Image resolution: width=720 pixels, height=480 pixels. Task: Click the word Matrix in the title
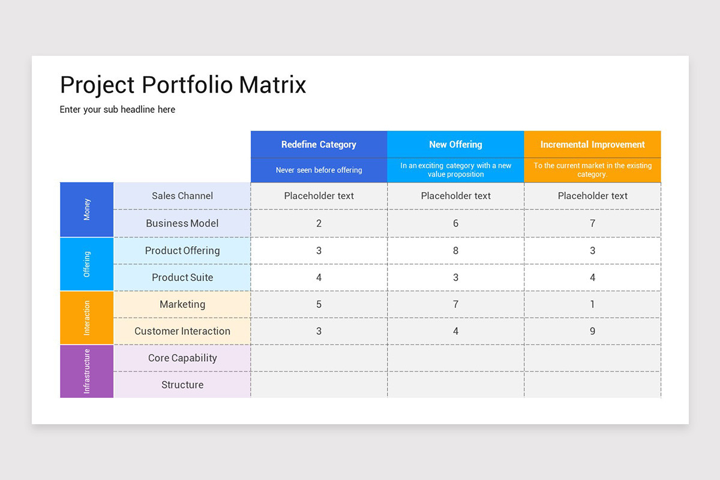click(272, 85)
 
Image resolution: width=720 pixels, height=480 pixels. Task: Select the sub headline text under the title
click(118, 109)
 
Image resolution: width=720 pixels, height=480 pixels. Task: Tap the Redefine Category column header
click(319, 145)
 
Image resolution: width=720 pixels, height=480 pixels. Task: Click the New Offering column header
click(455, 145)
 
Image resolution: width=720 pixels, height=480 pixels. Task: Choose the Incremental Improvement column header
click(592, 145)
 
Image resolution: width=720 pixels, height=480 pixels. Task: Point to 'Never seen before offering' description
click(319, 170)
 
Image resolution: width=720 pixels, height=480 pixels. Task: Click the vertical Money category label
click(87, 209)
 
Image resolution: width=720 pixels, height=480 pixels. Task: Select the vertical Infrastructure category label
click(87, 371)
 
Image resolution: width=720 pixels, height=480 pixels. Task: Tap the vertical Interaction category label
click(87, 317)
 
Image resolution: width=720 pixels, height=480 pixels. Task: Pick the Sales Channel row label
click(182, 196)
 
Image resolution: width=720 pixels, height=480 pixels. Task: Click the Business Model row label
click(182, 223)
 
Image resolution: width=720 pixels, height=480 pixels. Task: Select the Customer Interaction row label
click(182, 331)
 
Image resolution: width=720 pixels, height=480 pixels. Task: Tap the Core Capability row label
click(182, 358)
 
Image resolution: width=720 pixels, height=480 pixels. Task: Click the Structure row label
click(182, 385)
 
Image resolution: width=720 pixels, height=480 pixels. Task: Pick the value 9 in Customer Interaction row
click(592, 331)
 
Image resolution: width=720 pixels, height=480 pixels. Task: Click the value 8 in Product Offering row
click(455, 251)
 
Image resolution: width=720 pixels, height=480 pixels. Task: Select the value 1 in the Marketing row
click(592, 304)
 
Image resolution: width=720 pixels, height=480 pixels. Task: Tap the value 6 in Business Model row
click(455, 223)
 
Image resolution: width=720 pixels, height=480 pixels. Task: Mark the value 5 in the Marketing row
click(319, 304)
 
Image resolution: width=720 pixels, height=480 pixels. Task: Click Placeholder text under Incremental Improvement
click(592, 196)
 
